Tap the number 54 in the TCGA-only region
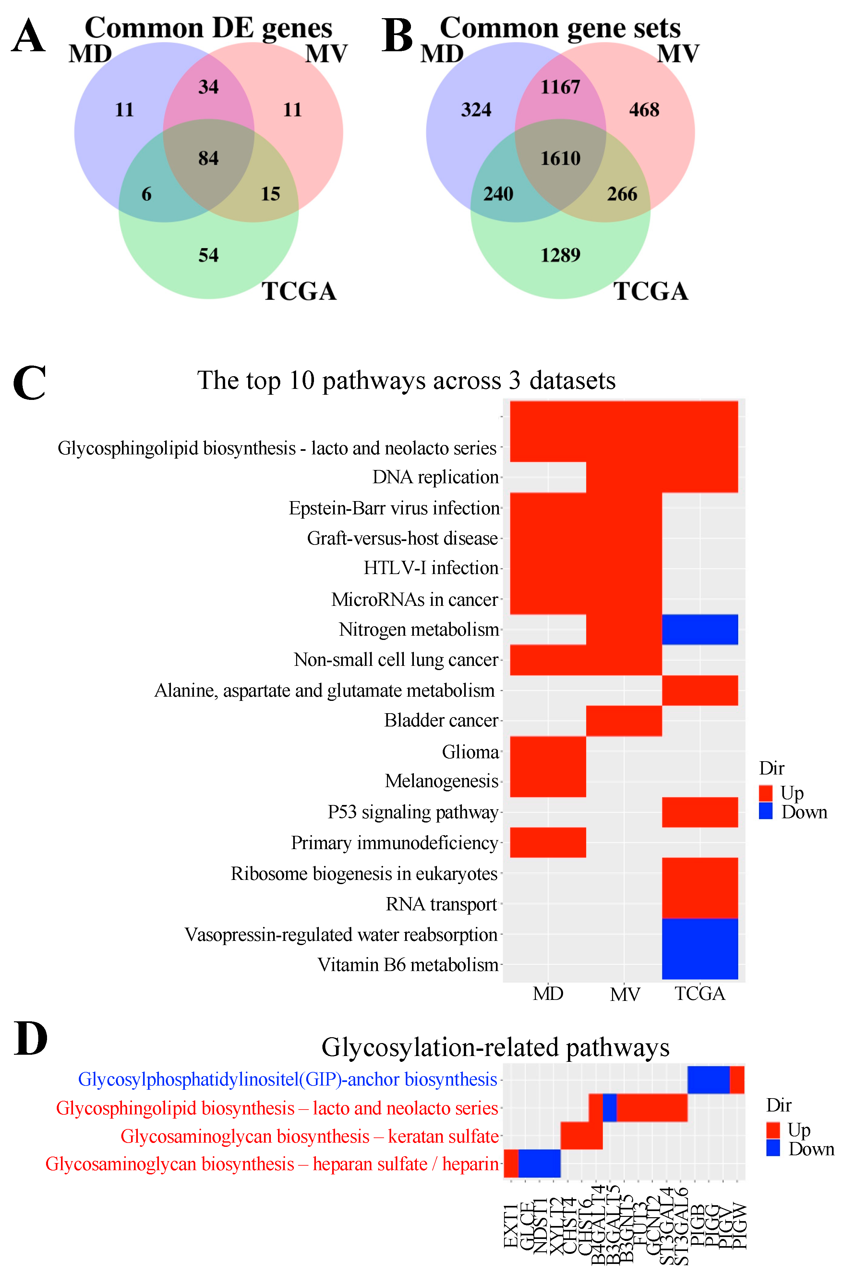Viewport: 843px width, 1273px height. click(209, 255)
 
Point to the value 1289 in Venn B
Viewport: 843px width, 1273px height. click(560, 255)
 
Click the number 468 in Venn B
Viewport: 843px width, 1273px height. click(644, 110)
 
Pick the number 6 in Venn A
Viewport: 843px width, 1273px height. click(146, 194)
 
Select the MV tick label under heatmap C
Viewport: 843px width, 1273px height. click(625, 994)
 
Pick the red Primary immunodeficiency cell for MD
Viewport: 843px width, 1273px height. click(548, 842)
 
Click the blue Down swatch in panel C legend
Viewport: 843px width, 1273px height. click(765, 811)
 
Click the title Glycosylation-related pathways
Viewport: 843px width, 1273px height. click(495, 1047)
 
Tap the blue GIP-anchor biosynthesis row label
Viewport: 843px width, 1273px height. click(288, 1079)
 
